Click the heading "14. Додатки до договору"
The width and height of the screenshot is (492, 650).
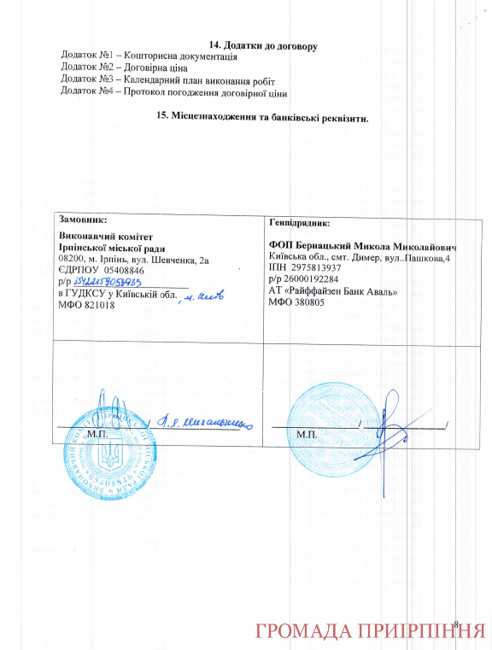pos(263,44)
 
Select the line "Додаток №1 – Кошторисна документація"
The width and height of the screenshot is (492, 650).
pos(149,56)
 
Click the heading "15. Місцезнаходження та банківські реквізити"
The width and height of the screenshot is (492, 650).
pos(263,117)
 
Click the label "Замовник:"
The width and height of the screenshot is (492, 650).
pos(83,220)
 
